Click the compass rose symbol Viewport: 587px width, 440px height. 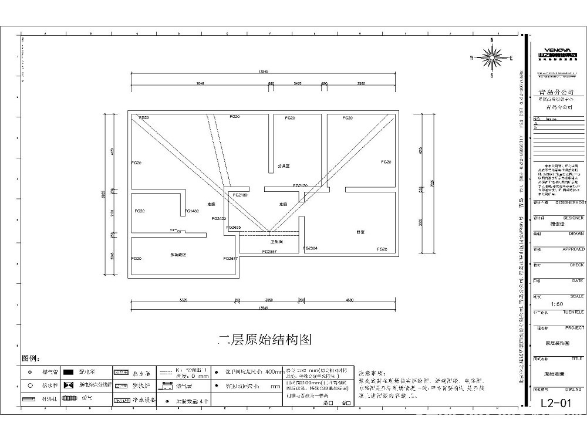(491, 57)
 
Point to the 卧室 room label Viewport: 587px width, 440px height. (360, 232)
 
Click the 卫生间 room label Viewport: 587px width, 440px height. (276, 241)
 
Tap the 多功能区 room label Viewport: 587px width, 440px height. (178, 255)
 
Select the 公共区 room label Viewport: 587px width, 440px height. (284, 166)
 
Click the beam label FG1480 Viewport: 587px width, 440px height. (191, 211)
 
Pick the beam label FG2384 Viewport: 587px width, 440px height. (311, 248)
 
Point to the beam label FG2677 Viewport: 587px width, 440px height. (230, 258)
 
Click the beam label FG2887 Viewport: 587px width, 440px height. (269, 251)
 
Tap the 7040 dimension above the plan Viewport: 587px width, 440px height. (200, 84)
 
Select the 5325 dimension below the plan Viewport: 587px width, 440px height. (183, 300)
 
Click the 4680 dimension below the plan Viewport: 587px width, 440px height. (350, 300)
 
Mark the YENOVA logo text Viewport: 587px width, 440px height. (554, 50)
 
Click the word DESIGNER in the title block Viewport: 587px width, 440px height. (573, 217)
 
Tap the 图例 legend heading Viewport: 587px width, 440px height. (30, 358)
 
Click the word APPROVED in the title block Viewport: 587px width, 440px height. (573, 249)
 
